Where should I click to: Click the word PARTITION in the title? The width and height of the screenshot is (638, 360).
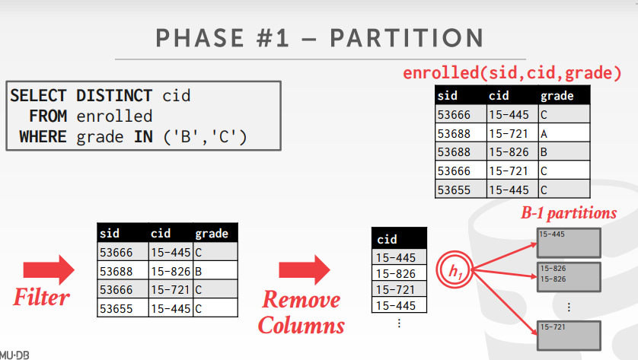point(407,38)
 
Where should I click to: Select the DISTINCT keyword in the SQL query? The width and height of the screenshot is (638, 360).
point(114,96)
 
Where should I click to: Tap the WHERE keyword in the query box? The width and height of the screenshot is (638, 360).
point(43,137)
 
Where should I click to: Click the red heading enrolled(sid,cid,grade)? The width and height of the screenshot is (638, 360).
point(512,73)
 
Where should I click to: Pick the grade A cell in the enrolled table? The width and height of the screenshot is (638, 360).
point(564,133)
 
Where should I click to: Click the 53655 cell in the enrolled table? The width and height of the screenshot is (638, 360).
point(461,190)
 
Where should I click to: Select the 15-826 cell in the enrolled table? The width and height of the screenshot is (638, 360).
point(512,151)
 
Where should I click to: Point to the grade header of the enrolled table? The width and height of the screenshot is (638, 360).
point(564,96)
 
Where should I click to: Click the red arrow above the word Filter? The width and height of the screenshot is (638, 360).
point(49,269)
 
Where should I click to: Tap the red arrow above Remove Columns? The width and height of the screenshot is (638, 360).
point(305,269)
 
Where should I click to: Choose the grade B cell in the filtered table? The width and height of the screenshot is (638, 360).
point(215,271)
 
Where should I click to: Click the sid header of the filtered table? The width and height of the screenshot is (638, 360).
point(123,233)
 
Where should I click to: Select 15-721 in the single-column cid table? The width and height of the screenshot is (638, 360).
point(399,289)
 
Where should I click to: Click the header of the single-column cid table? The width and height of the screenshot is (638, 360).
point(399,239)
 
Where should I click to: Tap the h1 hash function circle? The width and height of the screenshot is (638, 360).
point(455,269)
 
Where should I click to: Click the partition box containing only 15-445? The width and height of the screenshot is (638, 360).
point(569,243)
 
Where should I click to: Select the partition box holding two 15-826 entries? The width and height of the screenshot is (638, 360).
point(569,277)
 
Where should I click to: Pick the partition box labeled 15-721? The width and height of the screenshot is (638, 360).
point(569,336)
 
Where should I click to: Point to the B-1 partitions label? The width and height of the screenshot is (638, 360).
point(569,213)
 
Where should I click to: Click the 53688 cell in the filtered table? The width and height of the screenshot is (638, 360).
point(123,271)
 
